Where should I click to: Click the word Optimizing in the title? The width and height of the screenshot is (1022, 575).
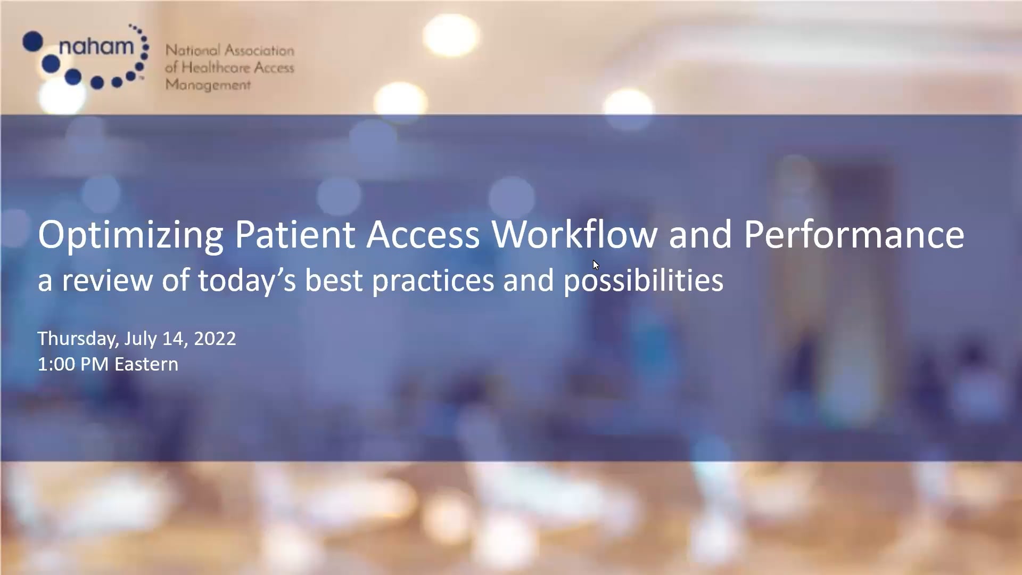[x=130, y=235]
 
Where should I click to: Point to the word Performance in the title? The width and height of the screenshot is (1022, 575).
[x=854, y=235]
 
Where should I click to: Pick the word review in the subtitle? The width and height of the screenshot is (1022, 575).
[x=107, y=280]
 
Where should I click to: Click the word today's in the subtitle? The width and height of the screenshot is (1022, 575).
[x=246, y=280]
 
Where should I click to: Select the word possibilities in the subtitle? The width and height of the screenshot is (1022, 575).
[x=644, y=281]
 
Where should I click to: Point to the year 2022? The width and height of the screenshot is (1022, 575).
[x=215, y=339]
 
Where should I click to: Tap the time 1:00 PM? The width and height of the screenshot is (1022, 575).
[x=73, y=364]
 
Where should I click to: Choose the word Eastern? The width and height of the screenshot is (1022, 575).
[x=146, y=364]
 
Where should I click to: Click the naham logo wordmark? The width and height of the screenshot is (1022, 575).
[x=96, y=47]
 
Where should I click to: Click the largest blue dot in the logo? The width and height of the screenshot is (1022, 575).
[x=32, y=42]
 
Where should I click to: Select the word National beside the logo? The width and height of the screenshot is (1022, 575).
[x=192, y=51]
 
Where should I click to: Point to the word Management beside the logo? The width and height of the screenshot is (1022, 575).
[x=208, y=85]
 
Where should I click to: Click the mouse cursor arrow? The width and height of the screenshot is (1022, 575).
[x=596, y=265]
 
